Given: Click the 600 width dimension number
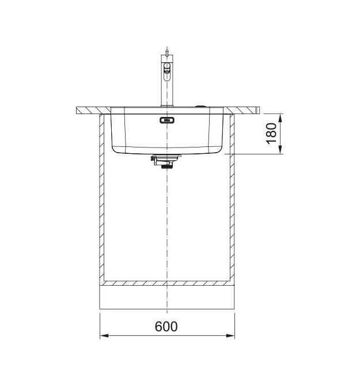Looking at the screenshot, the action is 166,327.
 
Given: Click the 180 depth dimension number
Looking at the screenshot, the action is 272,134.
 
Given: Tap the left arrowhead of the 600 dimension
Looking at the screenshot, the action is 104,335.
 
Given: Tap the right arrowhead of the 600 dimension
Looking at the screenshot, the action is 230,335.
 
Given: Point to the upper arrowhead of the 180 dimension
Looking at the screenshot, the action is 280,119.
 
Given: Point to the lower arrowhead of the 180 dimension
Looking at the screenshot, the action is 280,150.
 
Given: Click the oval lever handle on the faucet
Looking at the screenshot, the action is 167,71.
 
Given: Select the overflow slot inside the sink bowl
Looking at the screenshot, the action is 167,120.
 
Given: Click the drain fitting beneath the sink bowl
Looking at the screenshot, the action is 166,161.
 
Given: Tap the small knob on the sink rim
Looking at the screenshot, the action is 201,107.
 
